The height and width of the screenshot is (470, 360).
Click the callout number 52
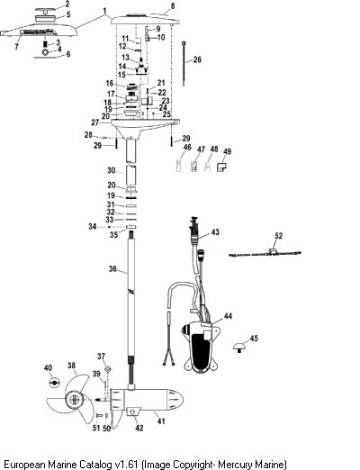tap(279, 236)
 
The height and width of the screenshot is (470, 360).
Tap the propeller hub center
tap(74, 400)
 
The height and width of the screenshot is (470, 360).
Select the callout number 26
tap(197, 59)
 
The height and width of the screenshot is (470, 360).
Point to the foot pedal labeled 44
tap(201, 346)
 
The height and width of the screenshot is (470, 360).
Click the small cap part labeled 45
tap(239, 347)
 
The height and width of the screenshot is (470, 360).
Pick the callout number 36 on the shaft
tap(112, 268)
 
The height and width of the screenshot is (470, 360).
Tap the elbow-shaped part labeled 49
tap(221, 167)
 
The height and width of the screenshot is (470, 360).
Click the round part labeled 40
tap(54, 383)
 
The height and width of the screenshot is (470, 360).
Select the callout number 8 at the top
tap(173, 6)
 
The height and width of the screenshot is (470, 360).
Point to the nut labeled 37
tap(108, 368)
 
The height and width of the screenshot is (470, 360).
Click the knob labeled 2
tap(45, 12)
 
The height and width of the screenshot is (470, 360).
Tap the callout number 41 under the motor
tap(161, 421)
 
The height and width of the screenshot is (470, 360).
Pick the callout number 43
tap(215, 232)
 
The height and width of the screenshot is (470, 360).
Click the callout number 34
tap(93, 226)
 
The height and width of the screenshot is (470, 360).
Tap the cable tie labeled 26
tap(183, 64)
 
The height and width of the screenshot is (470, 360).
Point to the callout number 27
tap(95, 122)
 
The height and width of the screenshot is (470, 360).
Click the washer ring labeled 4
tap(46, 52)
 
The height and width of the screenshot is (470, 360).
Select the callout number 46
tap(187, 147)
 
